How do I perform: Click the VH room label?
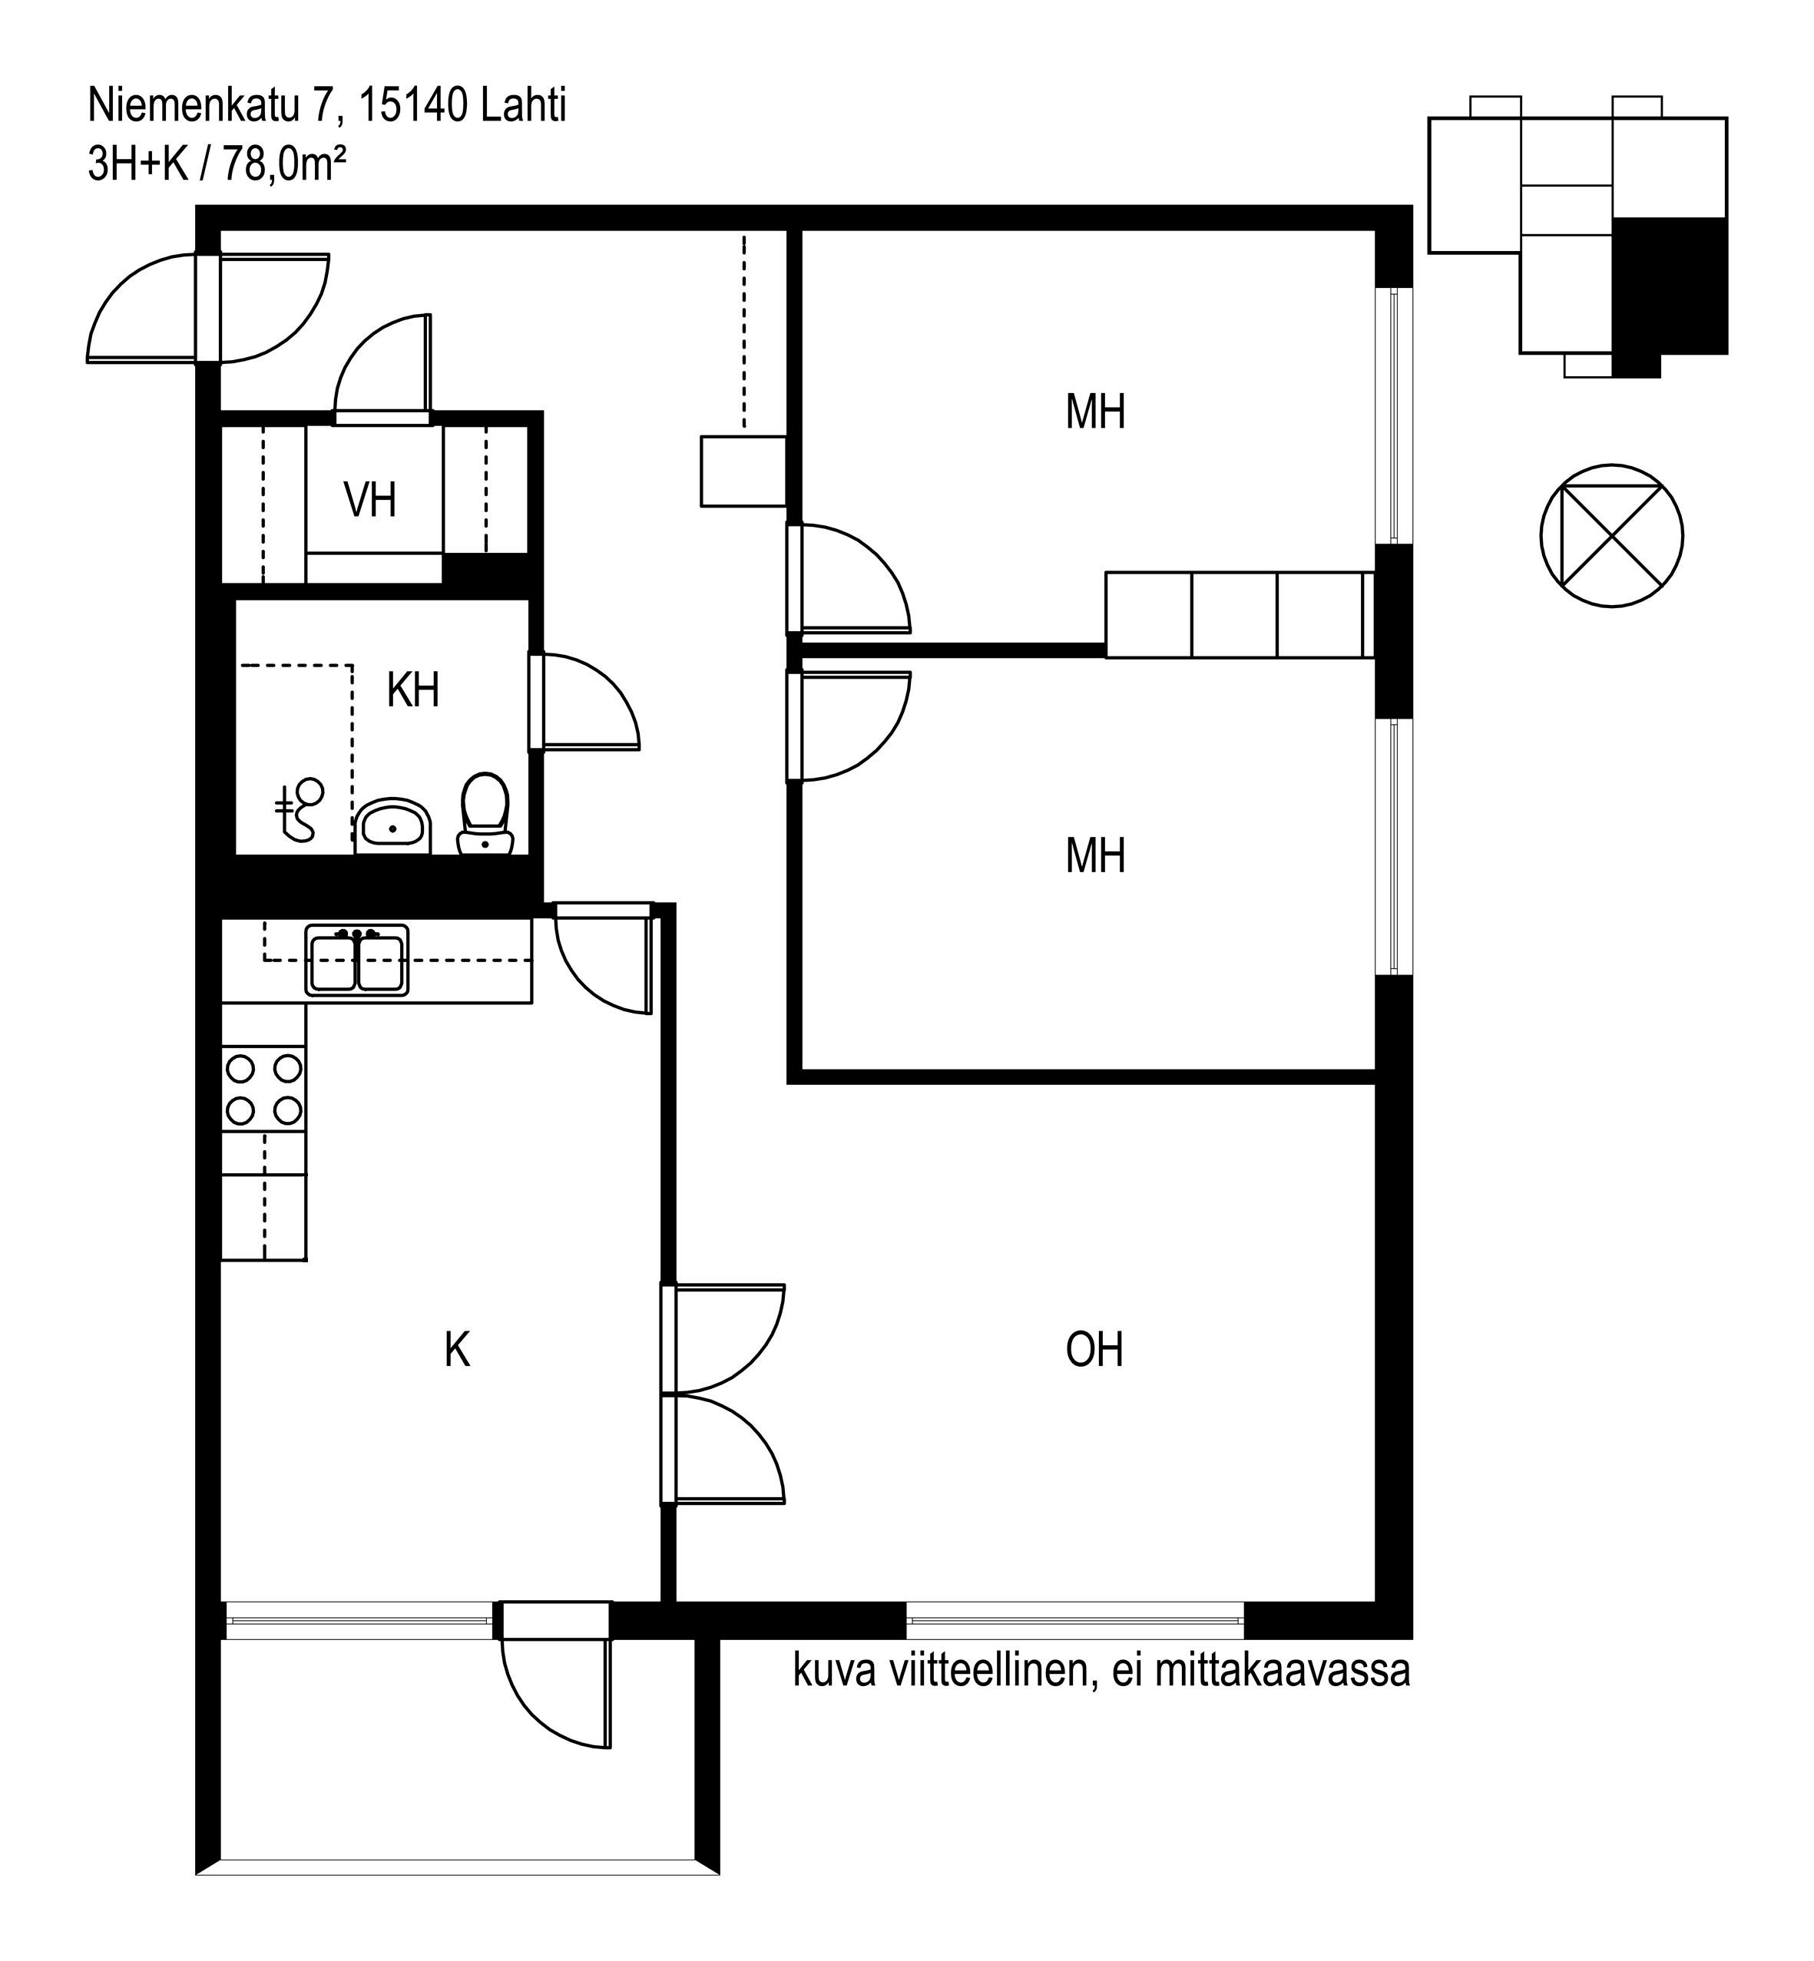(370, 501)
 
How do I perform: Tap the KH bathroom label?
(412, 691)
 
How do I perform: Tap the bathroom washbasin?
(392, 826)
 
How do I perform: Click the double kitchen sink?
(356, 961)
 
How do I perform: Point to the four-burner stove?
(264, 1090)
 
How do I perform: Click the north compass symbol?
(1612, 536)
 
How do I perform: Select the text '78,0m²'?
(285, 164)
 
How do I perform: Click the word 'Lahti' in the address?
(523, 105)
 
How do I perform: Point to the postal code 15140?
(412, 105)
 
